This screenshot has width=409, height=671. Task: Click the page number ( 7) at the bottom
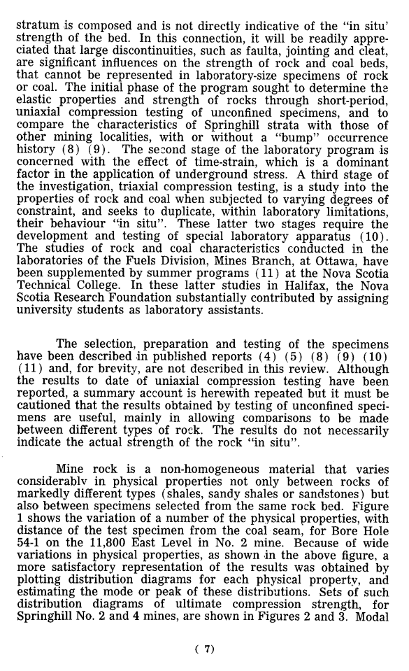[203, 648]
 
